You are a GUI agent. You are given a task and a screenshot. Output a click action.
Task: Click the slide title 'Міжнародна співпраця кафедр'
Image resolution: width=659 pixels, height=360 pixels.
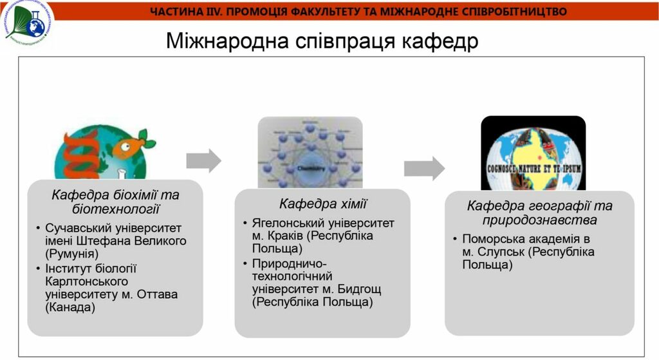point(322,42)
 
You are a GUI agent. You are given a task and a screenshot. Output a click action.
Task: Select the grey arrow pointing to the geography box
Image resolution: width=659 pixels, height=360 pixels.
point(424,168)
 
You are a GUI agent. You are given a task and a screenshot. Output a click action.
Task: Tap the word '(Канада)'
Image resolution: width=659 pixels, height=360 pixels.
point(70,307)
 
